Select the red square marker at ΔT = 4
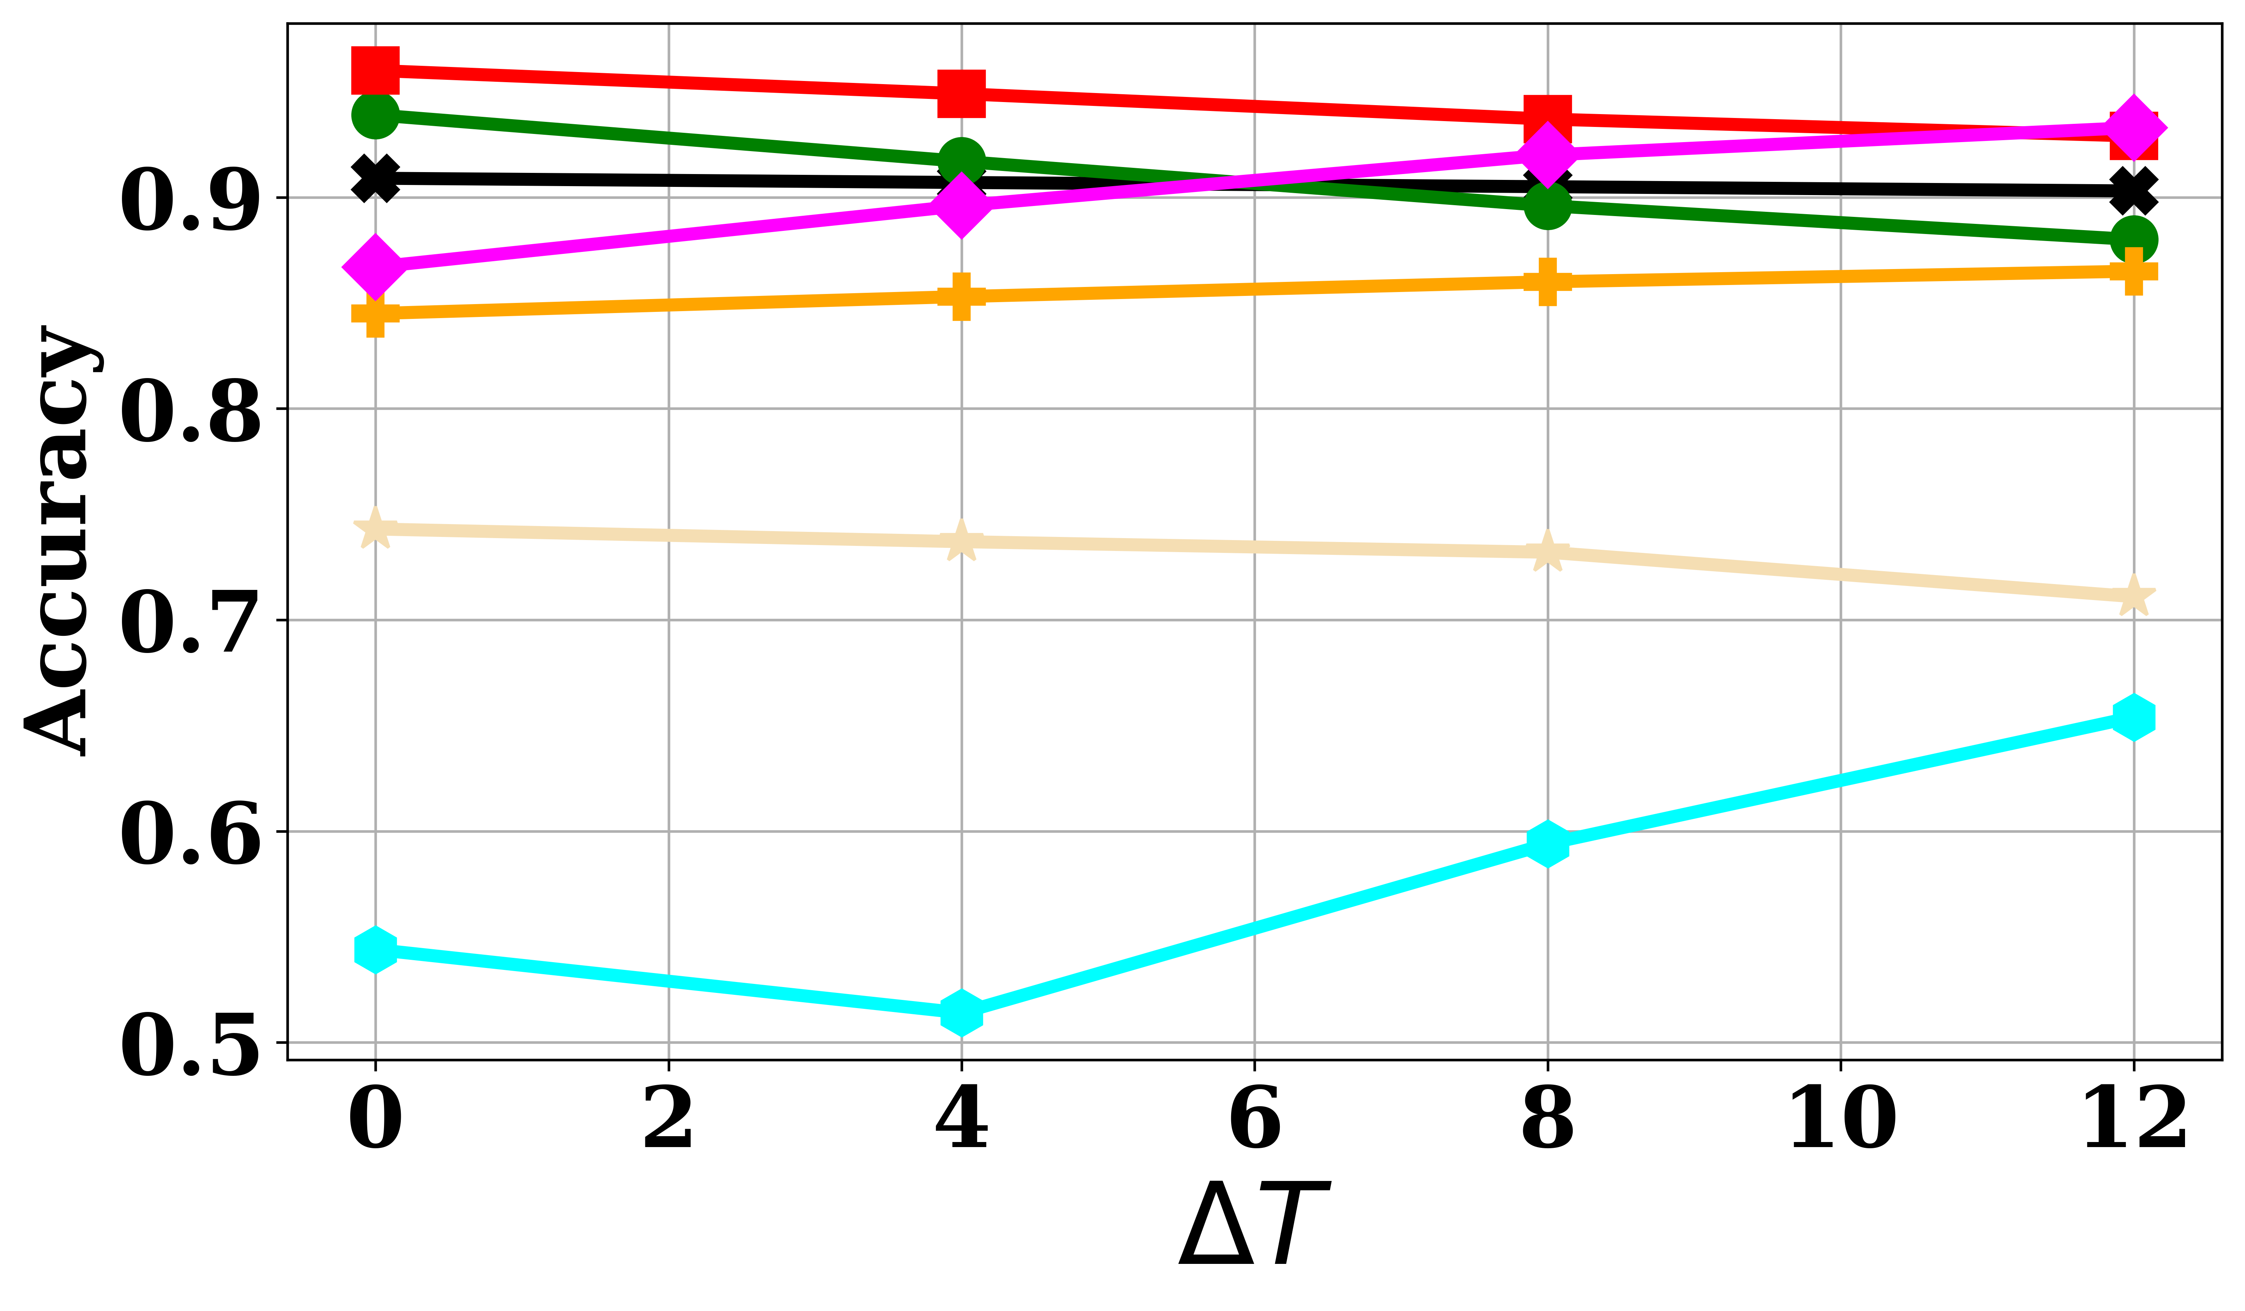[x=961, y=93]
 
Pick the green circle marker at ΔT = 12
[x=2134, y=239]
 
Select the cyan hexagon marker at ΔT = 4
[x=961, y=1013]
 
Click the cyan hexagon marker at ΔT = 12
[x=2134, y=717]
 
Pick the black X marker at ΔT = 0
[x=375, y=179]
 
